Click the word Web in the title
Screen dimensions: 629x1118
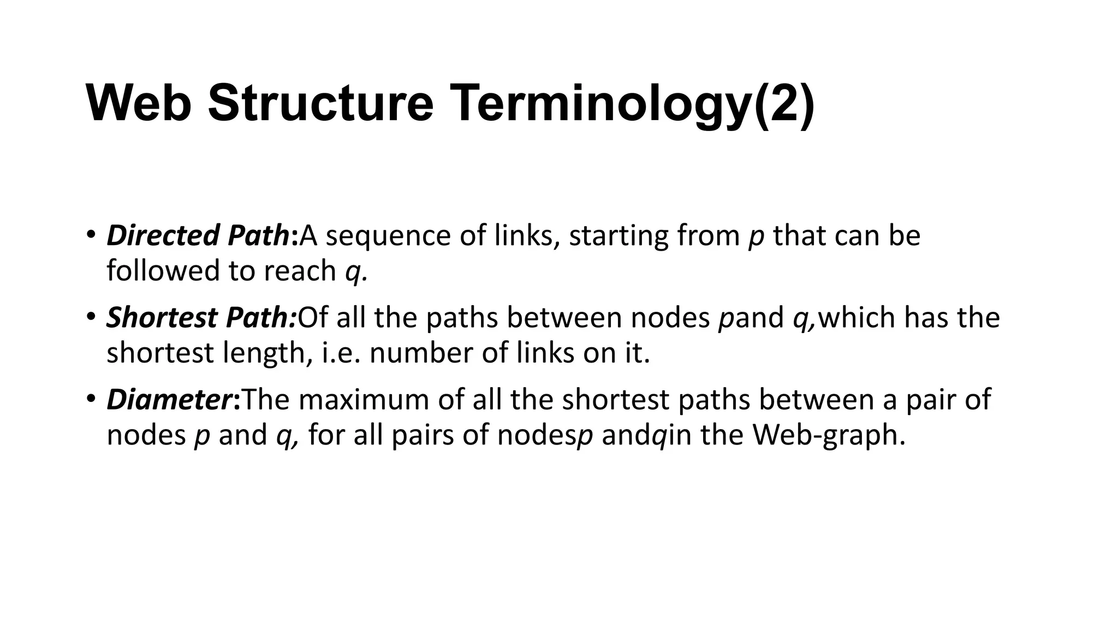pos(139,103)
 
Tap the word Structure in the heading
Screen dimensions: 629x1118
pos(320,103)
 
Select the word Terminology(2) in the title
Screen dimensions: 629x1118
pos(631,103)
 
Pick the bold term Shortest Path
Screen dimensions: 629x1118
pos(200,317)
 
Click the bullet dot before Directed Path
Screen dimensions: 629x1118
pos(91,235)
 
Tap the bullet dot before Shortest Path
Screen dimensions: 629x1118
pos(91,317)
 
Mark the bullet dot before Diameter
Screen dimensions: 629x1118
pos(91,399)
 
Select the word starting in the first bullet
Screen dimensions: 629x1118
pos(619,235)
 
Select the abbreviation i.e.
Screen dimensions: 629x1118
pos(341,353)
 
